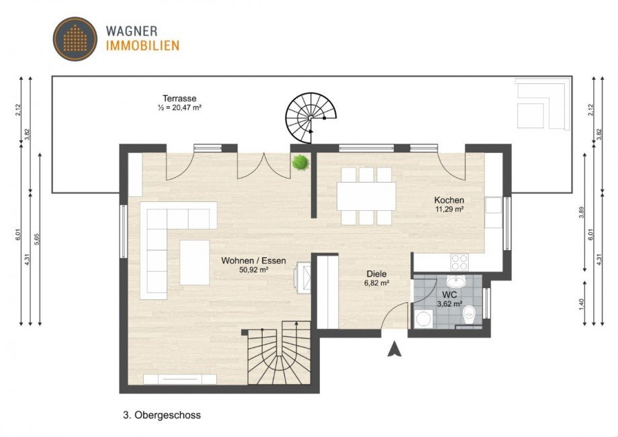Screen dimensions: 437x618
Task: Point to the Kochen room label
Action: pos(449,200)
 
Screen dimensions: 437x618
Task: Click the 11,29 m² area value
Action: pos(449,209)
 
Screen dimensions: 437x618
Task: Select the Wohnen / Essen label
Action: pos(245,260)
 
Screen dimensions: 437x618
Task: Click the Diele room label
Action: pos(376,274)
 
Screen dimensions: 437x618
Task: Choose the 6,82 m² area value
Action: pos(376,283)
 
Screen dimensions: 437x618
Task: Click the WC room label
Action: pos(449,294)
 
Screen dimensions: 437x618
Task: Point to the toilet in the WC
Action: pos(471,312)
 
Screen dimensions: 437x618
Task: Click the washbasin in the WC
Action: pos(459,281)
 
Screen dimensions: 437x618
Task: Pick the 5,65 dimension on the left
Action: pos(38,240)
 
